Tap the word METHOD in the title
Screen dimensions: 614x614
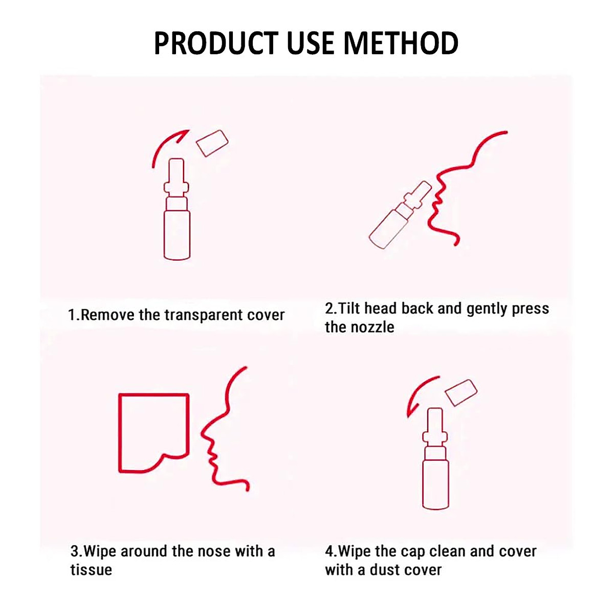(x=401, y=43)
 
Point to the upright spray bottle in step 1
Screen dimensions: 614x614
(x=177, y=220)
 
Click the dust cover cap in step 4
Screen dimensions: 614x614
(x=461, y=393)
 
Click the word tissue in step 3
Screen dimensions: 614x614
(x=91, y=570)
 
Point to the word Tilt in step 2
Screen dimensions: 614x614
(x=349, y=309)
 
